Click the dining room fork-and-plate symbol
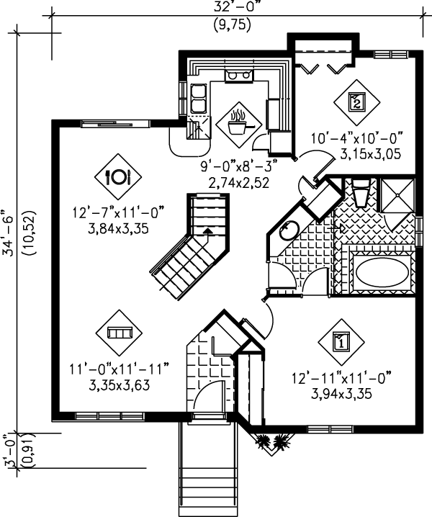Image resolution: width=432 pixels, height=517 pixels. [118, 177]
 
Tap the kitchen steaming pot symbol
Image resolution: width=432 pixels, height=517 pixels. [239, 125]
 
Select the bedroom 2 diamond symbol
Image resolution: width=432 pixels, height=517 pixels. [357, 102]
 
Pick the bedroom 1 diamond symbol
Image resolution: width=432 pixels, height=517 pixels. [341, 342]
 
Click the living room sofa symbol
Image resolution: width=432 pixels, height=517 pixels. [120, 333]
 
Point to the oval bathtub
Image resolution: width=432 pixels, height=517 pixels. [382, 272]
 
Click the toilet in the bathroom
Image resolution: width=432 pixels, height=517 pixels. [361, 192]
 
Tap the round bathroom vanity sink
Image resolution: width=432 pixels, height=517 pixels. [289, 230]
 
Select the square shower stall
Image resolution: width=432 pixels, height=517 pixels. [397, 195]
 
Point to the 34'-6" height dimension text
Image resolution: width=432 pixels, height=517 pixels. [9, 232]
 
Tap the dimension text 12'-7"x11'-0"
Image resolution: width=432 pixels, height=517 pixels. [118, 212]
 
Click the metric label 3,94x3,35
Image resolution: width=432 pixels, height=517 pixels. [342, 393]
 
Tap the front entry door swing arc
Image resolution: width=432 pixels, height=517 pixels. [205, 392]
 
